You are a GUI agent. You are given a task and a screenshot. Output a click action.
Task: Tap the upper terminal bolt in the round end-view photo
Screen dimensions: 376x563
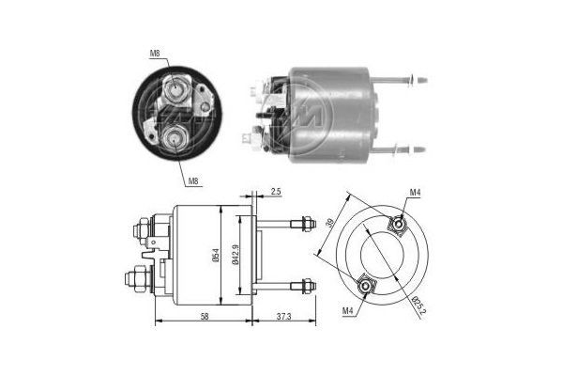click(176, 92)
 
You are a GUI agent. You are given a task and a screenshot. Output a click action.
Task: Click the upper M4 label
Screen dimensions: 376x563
click(415, 193)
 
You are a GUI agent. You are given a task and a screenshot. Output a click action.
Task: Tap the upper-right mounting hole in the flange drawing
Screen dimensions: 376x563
click(398, 224)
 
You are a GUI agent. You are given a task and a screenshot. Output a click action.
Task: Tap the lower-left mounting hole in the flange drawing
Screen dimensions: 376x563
click(364, 284)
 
